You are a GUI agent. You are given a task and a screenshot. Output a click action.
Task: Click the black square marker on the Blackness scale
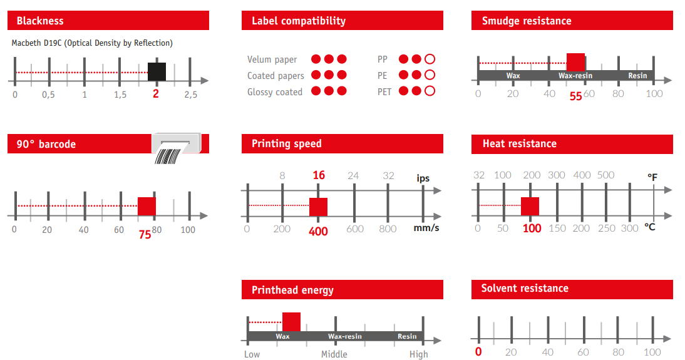tap(157, 71)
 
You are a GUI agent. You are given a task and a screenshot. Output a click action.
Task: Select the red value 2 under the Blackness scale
tap(155, 94)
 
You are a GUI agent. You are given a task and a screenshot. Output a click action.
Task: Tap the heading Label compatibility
tap(299, 21)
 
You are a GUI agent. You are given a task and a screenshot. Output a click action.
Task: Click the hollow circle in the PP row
tap(430, 59)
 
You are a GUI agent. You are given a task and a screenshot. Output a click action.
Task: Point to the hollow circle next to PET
tap(430, 91)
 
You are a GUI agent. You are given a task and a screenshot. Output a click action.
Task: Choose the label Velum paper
tap(272, 59)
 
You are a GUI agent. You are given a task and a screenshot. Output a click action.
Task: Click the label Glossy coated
tap(275, 92)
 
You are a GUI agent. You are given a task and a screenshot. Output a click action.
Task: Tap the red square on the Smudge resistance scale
tap(576, 62)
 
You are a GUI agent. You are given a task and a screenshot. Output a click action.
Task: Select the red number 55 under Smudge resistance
tap(576, 96)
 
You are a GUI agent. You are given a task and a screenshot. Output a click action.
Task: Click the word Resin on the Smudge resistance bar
tap(637, 76)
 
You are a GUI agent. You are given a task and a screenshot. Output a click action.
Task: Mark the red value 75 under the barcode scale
tap(145, 235)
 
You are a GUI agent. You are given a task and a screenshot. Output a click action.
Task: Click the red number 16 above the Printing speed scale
tap(319, 175)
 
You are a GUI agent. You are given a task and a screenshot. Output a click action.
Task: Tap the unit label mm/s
tap(426, 228)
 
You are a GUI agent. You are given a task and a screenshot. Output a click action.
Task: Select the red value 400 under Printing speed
tap(318, 231)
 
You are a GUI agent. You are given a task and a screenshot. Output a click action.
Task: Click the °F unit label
tap(652, 177)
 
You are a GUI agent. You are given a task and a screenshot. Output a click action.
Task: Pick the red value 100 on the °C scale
tap(532, 229)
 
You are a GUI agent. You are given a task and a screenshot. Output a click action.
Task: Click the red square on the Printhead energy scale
tap(291, 322)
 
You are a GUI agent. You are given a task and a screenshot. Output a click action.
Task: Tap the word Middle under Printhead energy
tap(334, 354)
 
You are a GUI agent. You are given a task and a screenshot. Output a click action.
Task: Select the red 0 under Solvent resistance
tap(478, 352)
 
